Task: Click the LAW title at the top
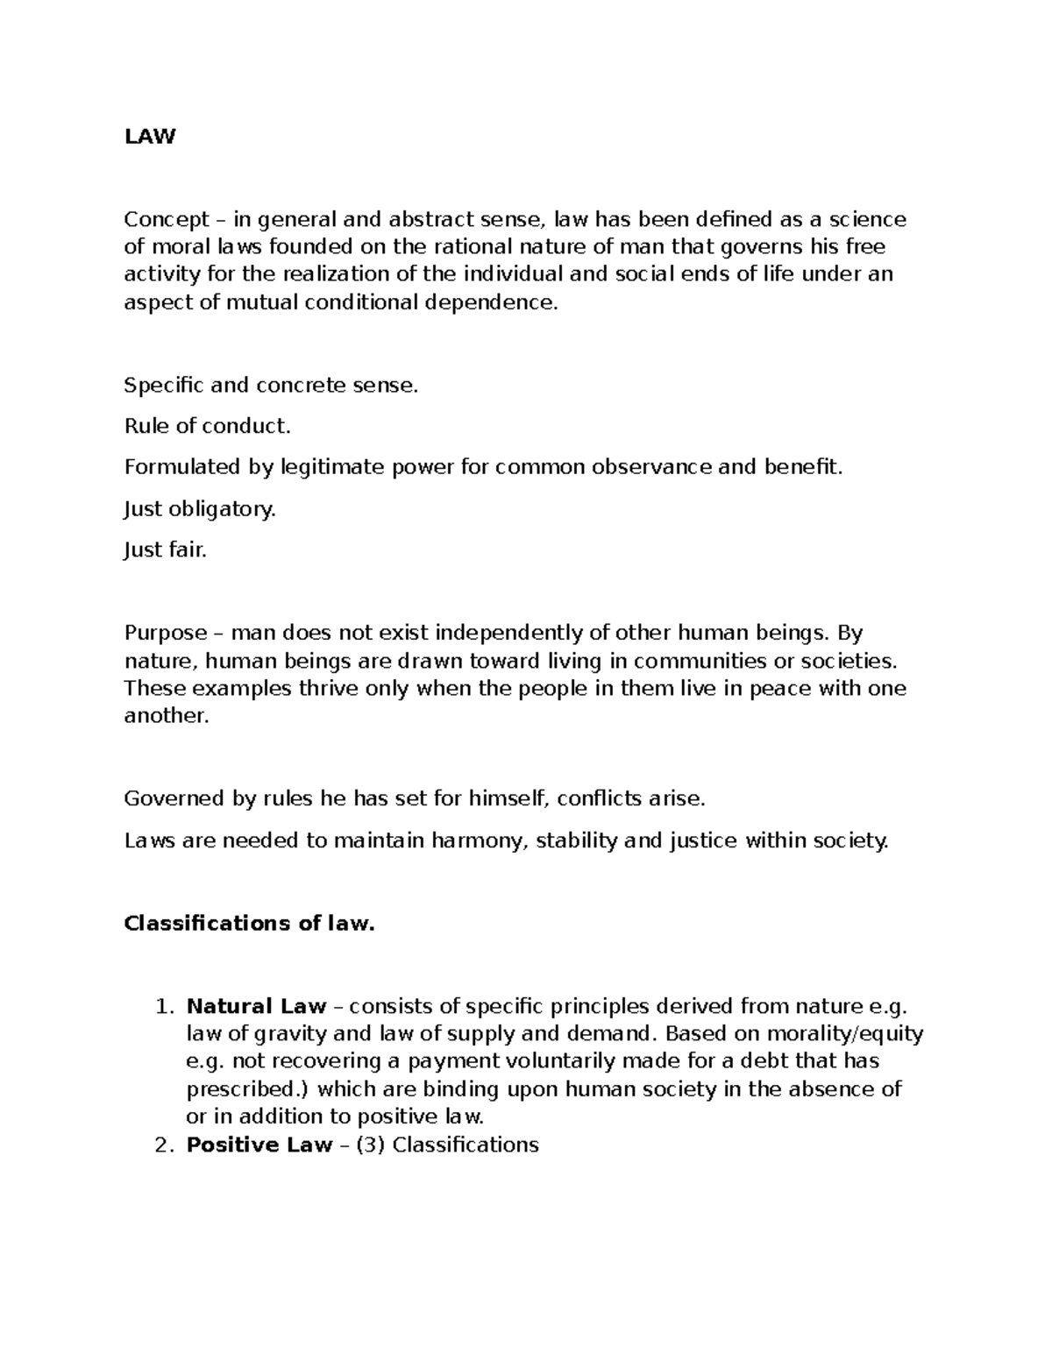point(150,137)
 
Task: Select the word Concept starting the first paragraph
point(167,219)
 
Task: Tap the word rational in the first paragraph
point(473,247)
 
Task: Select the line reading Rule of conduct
point(207,426)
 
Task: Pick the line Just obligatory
point(200,508)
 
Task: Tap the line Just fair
point(166,549)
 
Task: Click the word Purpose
point(166,633)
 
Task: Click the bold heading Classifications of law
point(249,923)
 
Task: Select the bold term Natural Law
point(256,1006)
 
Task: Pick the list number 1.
point(160,1006)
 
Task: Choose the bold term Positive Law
point(259,1145)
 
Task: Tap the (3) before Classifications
point(369,1145)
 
